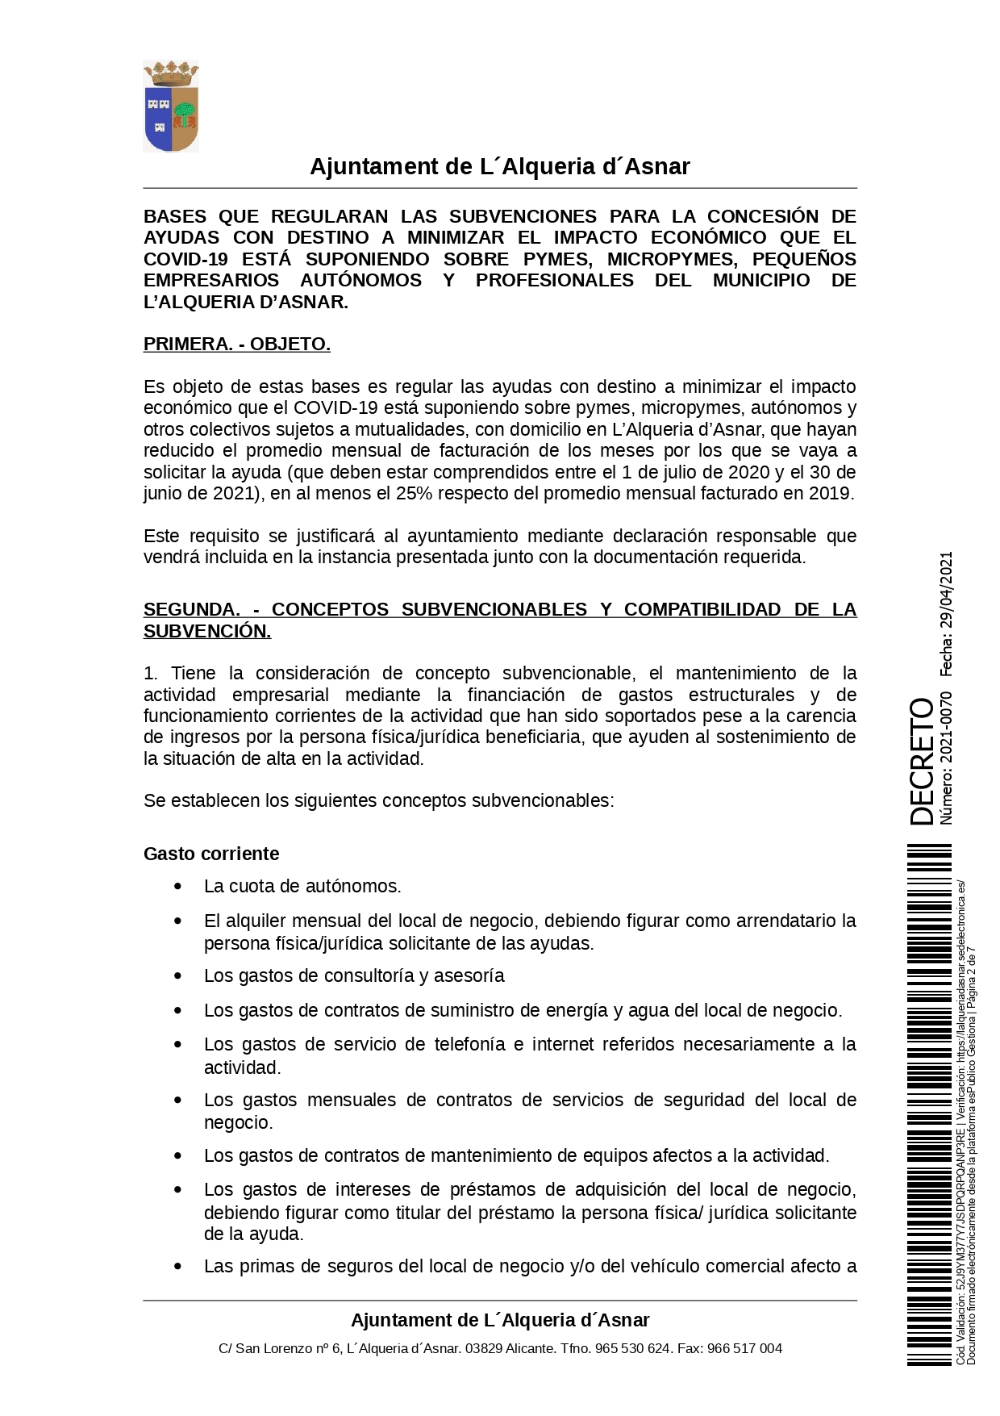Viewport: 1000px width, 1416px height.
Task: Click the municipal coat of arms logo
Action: click(171, 107)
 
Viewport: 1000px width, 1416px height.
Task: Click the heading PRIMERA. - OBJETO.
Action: click(236, 345)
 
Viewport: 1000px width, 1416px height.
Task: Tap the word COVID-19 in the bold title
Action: click(185, 259)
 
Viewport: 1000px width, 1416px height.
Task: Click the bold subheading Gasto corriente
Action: click(211, 854)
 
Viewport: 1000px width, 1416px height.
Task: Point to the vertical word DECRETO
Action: click(922, 761)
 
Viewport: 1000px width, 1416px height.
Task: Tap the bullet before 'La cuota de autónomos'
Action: click(178, 887)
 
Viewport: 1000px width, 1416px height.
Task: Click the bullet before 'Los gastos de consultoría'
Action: click(178, 976)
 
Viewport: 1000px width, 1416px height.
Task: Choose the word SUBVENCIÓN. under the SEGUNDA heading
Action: click(207, 632)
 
